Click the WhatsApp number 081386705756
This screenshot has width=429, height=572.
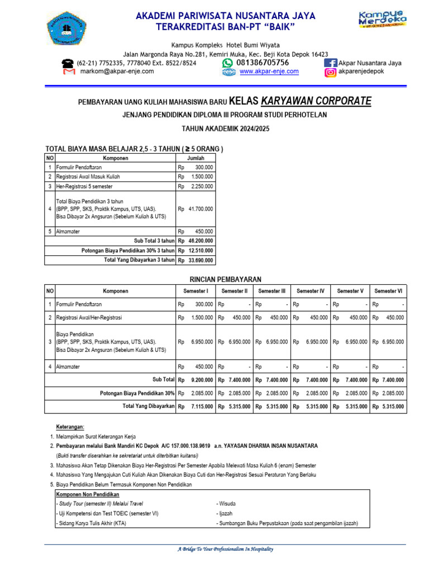pyautogui.click(x=263, y=63)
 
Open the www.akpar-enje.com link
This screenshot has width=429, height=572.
pyautogui.click(x=269, y=71)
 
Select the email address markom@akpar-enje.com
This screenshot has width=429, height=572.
pyautogui.click(x=117, y=71)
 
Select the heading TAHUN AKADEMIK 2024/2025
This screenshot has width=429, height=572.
pyautogui.click(x=225, y=128)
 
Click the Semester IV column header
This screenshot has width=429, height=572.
pyautogui.click(x=310, y=291)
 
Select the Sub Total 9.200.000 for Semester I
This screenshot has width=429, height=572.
pyautogui.click(x=202, y=379)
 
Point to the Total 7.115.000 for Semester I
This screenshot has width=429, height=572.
pyautogui.click(x=202, y=406)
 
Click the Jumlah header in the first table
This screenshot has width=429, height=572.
pyautogui.click(x=195, y=158)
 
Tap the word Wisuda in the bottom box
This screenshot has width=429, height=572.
pyautogui.click(x=227, y=503)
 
